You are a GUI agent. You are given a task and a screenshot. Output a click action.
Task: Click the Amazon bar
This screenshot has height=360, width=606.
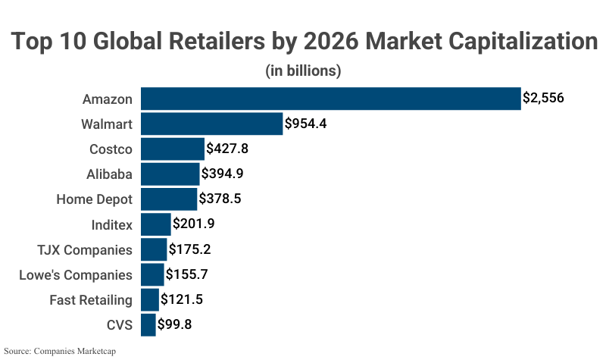click(330, 99)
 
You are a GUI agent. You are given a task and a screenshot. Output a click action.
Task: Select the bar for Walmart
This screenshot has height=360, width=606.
click(211, 124)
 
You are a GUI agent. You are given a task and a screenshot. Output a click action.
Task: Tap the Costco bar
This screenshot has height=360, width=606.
click(173, 149)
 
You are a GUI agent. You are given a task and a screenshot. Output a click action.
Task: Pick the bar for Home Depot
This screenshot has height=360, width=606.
click(169, 199)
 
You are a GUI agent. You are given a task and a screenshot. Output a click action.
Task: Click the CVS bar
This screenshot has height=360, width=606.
click(148, 325)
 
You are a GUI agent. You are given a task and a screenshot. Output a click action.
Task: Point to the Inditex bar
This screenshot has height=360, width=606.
click(156, 224)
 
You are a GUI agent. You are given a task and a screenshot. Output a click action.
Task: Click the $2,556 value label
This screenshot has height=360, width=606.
click(544, 99)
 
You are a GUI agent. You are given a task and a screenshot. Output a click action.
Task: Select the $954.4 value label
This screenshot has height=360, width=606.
click(305, 124)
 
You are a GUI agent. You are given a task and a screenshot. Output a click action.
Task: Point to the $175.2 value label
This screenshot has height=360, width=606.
click(190, 249)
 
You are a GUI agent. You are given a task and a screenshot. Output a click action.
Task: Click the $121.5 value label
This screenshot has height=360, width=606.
click(182, 300)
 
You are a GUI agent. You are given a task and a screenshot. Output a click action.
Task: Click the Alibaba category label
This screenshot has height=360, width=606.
click(110, 174)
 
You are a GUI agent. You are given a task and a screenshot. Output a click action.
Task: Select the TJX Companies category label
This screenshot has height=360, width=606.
click(85, 249)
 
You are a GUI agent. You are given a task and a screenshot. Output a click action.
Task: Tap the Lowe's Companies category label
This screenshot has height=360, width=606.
click(76, 275)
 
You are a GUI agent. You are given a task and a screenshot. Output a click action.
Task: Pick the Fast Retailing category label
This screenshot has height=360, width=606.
click(91, 300)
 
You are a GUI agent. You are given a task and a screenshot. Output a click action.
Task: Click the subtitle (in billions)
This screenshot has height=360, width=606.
click(303, 71)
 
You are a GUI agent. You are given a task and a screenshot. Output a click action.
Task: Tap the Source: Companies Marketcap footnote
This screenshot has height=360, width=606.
click(64, 352)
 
